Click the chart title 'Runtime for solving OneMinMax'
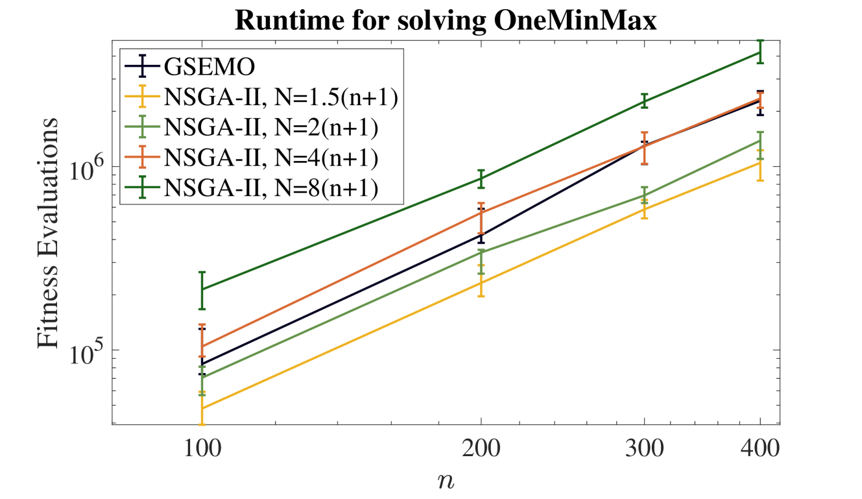[446, 21]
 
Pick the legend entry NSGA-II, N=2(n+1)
[271, 126]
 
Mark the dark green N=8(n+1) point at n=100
[202, 289]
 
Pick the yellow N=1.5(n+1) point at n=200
[481, 282]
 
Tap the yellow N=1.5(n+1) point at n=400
[760, 162]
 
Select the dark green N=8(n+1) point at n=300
[644, 101]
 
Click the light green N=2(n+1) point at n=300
[644, 195]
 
